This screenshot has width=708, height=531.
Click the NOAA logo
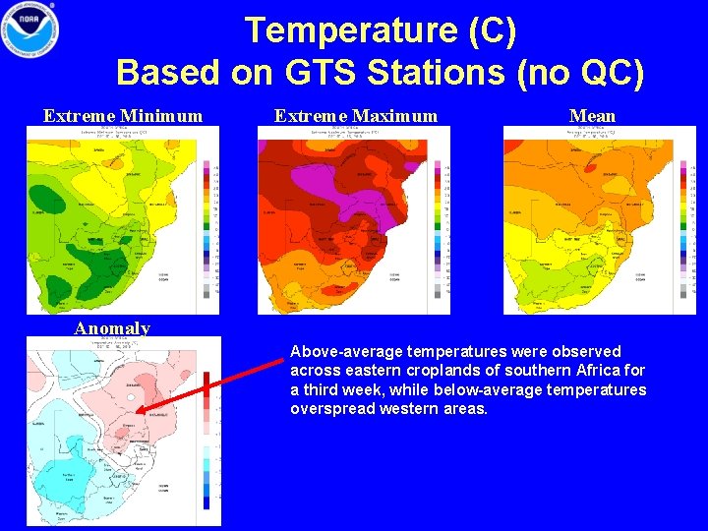click(30, 30)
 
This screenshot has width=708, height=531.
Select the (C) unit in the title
click(488, 30)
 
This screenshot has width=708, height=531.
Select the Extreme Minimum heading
click(123, 116)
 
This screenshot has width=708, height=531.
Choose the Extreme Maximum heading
click(355, 116)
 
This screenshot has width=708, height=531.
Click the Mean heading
click(592, 116)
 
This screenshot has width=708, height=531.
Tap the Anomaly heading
click(112, 328)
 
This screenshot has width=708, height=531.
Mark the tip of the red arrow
click(139, 413)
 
